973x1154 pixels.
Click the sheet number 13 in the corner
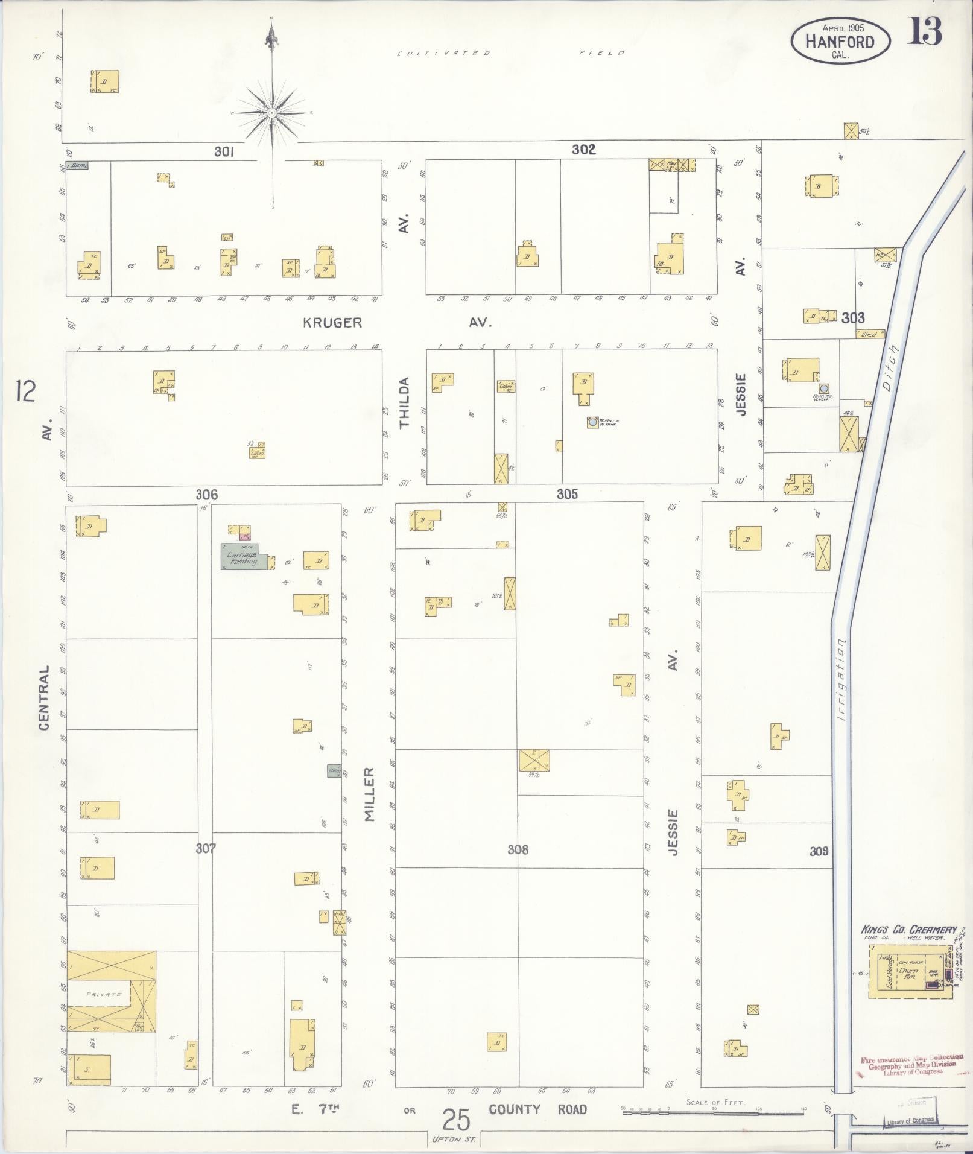[925, 31]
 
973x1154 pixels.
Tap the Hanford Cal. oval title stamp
[840, 40]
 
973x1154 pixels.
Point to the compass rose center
[272, 113]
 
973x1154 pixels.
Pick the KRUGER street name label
[332, 323]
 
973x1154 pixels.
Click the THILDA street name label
[404, 402]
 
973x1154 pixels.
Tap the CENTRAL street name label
[45, 698]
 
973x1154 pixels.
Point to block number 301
[224, 151]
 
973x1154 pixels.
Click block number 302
[583, 150]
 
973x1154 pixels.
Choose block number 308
[518, 849]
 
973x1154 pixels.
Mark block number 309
[819, 851]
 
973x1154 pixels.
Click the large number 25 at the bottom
[456, 1120]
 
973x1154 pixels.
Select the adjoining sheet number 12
[27, 392]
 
